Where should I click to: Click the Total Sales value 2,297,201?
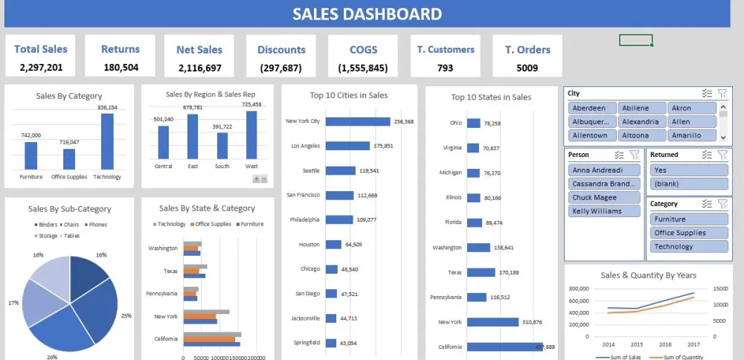pos(41,68)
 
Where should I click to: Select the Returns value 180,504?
pos(121,68)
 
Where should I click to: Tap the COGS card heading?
pos(363,50)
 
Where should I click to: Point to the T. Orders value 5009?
pos(527,68)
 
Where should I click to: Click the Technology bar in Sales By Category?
pos(107,141)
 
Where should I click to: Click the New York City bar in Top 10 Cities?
pos(357,121)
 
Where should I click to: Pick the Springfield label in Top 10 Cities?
pos(307,342)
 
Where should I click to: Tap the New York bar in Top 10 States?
pos(493,322)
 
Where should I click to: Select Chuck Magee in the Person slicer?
pos(603,197)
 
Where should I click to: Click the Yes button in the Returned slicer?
pos(687,169)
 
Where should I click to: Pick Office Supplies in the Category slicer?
pos(687,233)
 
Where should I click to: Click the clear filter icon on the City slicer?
pos(722,93)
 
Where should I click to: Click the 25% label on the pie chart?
pos(126,315)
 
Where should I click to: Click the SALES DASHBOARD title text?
pos(367,14)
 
